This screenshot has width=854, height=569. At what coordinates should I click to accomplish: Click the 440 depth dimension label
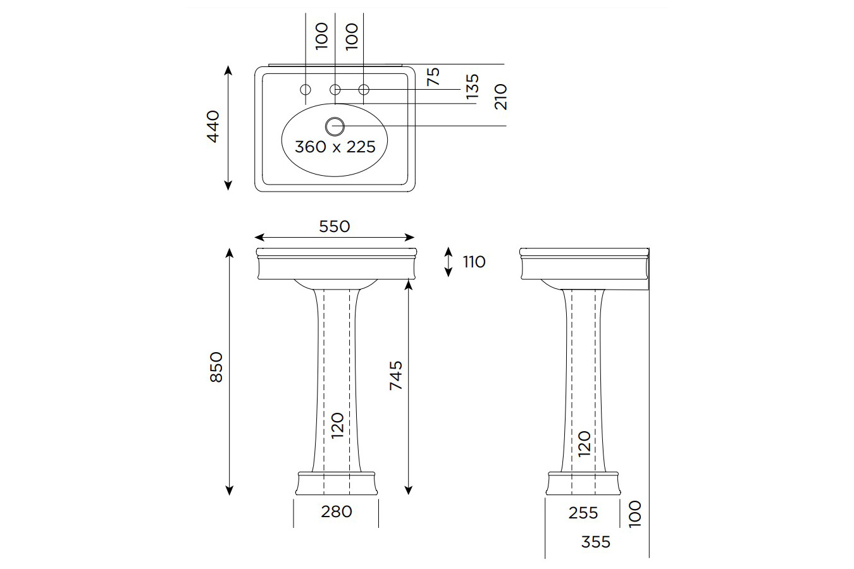[x=213, y=126]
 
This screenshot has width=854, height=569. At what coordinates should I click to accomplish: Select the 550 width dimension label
[x=334, y=226]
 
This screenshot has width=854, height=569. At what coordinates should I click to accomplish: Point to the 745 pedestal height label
[x=396, y=375]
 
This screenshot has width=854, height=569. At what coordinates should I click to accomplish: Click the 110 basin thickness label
[x=474, y=262]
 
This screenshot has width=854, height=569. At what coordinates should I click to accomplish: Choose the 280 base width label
[x=336, y=511]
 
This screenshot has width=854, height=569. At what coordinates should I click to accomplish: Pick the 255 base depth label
[x=583, y=512]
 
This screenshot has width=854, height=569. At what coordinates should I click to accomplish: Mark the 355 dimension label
[x=595, y=542]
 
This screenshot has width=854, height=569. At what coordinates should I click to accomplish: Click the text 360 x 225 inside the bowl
[x=335, y=147]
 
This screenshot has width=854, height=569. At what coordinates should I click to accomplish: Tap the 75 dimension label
[x=433, y=76]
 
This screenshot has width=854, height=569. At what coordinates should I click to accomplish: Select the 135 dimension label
[x=472, y=87]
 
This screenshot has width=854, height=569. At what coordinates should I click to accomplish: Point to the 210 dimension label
[x=501, y=96]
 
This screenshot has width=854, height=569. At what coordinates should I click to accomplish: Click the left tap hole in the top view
[x=306, y=89]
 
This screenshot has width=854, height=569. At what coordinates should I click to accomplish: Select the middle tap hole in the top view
[x=335, y=89]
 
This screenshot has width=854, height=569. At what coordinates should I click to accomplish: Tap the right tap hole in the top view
[x=364, y=89]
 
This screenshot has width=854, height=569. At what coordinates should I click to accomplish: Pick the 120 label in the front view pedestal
[x=337, y=425]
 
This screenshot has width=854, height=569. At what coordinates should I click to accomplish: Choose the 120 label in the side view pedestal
[x=584, y=444]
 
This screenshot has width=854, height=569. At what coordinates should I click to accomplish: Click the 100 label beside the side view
[x=635, y=513]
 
